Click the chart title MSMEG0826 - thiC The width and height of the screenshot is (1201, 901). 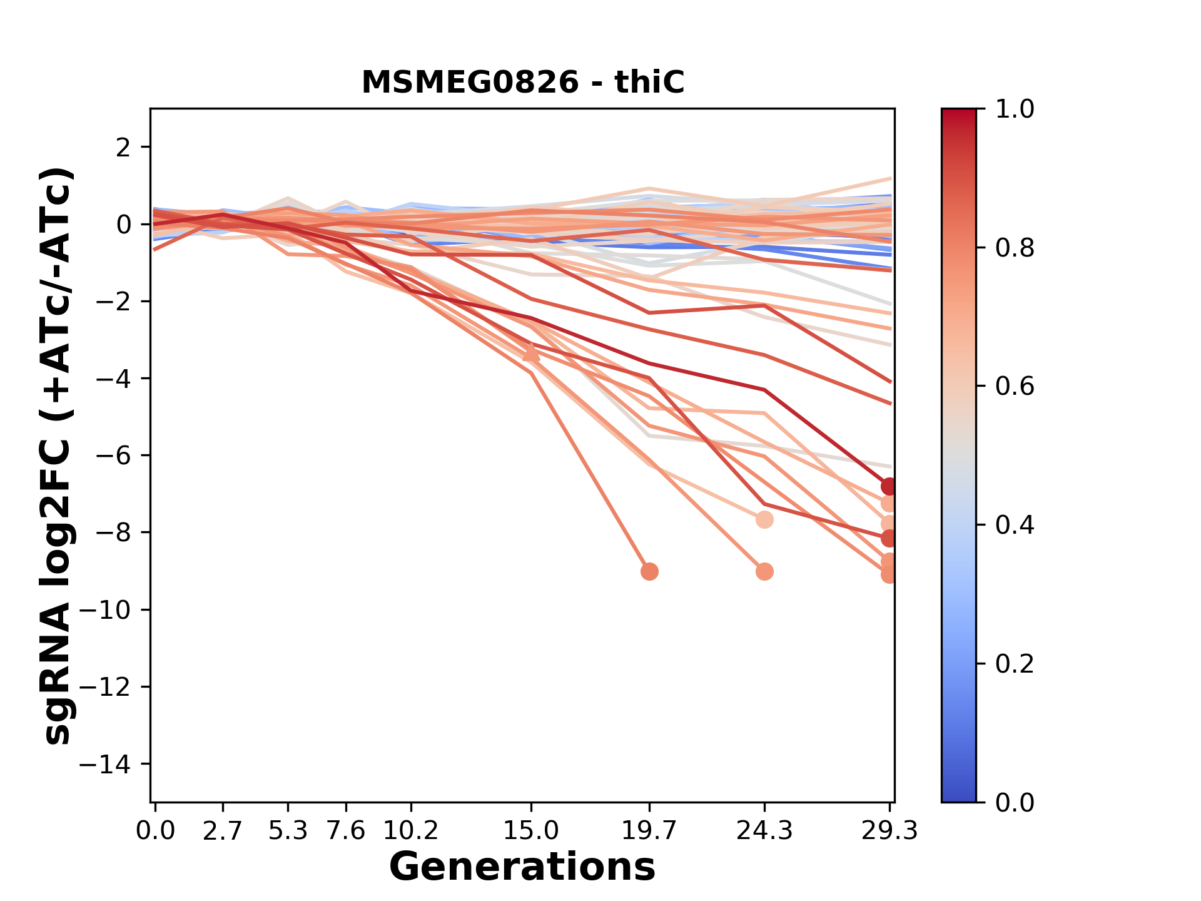click(523, 82)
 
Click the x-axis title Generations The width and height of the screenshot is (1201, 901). click(522, 867)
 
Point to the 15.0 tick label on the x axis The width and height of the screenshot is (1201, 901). click(531, 831)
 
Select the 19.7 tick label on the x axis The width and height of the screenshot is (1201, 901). click(649, 831)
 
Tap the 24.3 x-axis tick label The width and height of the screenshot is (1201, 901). click(764, 831)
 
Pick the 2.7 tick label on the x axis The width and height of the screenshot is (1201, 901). click(222, 831)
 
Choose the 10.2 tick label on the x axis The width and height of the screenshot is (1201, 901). click(410, 831)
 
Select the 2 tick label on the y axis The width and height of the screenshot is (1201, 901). click(123, 148)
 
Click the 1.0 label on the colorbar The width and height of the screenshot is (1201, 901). click(1015, 109)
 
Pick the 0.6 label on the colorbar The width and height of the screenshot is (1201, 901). click(1015, 387)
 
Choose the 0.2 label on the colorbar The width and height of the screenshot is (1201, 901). click(1015, 664)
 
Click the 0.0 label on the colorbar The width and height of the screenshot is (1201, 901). click(1015, 803)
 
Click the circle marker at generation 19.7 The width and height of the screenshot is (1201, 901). click(649, 571)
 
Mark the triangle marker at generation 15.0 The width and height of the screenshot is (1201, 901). click(531, 354)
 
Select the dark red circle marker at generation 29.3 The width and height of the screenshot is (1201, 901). click(889, 486)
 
